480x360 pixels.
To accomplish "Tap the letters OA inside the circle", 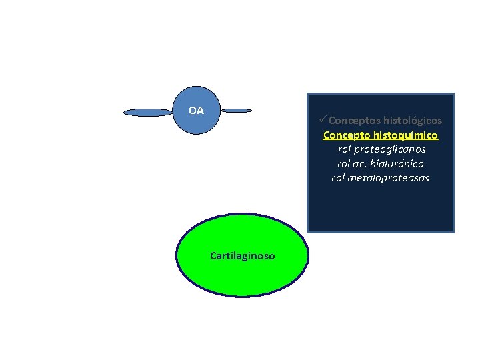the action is tap(197, 111).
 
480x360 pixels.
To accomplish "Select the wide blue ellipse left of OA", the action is tap(148, 113).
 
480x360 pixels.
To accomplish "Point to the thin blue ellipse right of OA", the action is tap(236, 110).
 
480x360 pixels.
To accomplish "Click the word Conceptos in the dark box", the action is tap(351, 121).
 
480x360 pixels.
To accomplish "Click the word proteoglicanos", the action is tap(390, 149).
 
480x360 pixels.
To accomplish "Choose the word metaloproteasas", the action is tap(389, 177).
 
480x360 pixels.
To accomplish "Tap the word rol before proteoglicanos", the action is tap(345, 149).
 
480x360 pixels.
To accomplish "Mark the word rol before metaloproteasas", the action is tap(339, 177).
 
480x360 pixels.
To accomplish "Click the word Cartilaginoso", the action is tap(242, 255).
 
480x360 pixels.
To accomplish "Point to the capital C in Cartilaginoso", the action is tap(213, 255).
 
